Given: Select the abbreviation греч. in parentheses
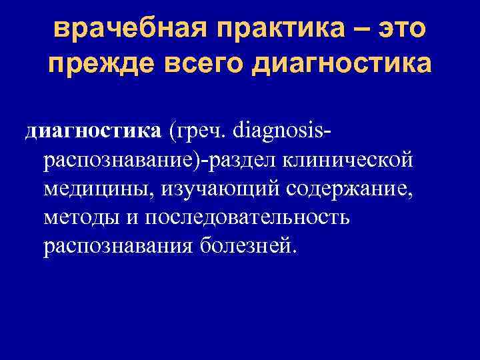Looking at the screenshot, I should click(199, 132).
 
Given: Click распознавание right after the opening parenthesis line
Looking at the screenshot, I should click(119, 161).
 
